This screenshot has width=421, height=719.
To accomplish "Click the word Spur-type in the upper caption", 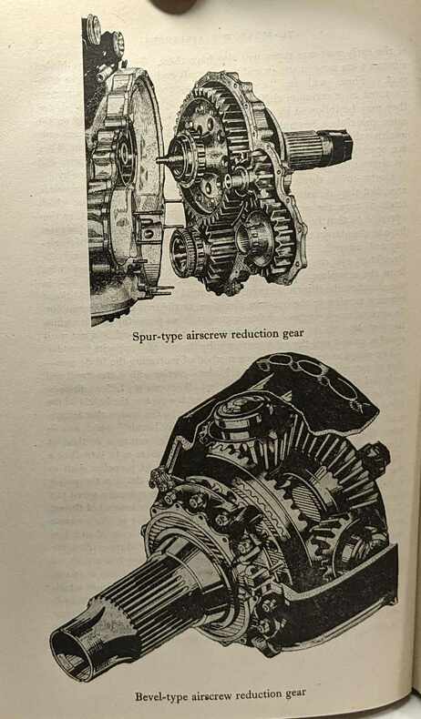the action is coord(158,336).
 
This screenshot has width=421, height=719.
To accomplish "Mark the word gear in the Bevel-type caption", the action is coord(297,693).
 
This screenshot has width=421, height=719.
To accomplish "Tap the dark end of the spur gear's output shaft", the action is coord(340,145).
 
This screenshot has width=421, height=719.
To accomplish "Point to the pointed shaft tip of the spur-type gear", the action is coord(161,159).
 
